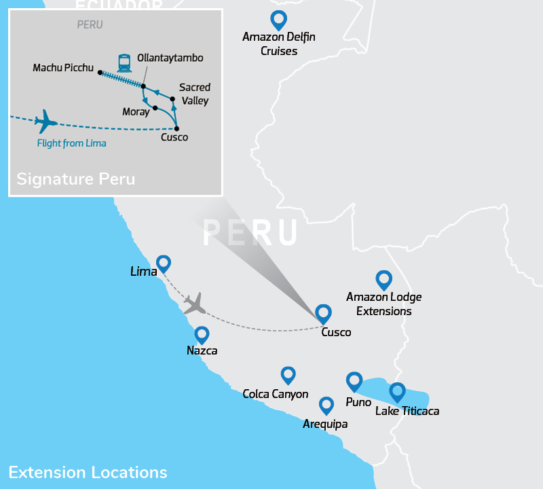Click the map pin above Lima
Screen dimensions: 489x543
point(163,264)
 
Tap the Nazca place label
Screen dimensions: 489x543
point(202,351)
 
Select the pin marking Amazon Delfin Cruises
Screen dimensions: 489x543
point(278,20)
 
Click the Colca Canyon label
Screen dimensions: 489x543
point(276,394)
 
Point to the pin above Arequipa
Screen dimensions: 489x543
point(326,405)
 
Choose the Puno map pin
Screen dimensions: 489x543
point(354,381)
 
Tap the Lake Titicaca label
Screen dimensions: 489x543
point(407,411)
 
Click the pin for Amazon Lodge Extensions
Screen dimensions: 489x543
point(384,279)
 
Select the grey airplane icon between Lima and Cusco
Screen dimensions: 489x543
point(194,304)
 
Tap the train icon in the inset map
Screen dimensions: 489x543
point(124,63)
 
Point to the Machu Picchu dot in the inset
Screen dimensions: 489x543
point(100,73)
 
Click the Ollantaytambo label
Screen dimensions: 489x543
point(170,58)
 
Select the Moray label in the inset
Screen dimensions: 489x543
point(136,111)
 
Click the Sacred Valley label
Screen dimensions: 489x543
point(194,94)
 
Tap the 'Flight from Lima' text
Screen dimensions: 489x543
point(71,143)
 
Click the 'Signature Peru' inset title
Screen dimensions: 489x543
point(75,179)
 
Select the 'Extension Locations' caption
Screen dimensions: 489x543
point(88,472)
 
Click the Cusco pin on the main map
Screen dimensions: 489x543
point(324,313)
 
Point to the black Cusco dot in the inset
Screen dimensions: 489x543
point(176,128)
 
